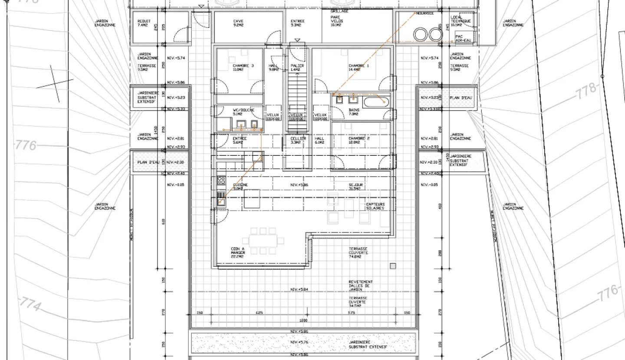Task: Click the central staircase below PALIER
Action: (297, 102)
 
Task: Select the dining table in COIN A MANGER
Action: (263, 241)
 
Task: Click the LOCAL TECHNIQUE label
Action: (461, 21)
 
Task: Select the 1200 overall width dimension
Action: (303, 321)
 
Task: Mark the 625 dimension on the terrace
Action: (260, 313)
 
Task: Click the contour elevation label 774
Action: (31, 305)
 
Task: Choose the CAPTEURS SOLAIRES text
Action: (375, 206)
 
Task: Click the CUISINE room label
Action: (240, 187)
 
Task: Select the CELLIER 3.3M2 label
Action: (298, 141)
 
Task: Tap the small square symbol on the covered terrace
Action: (393, 266)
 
